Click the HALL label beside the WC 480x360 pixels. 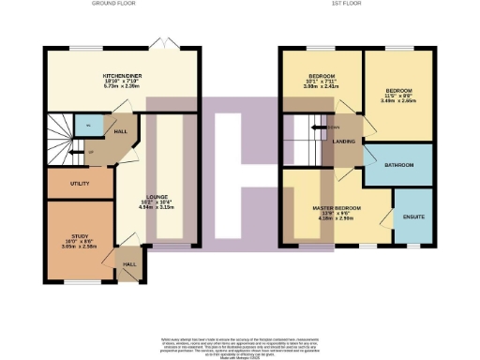[x=122, y=132]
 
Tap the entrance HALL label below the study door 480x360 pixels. [x=128, y=264]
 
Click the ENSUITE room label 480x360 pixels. [x=412, y=217]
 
